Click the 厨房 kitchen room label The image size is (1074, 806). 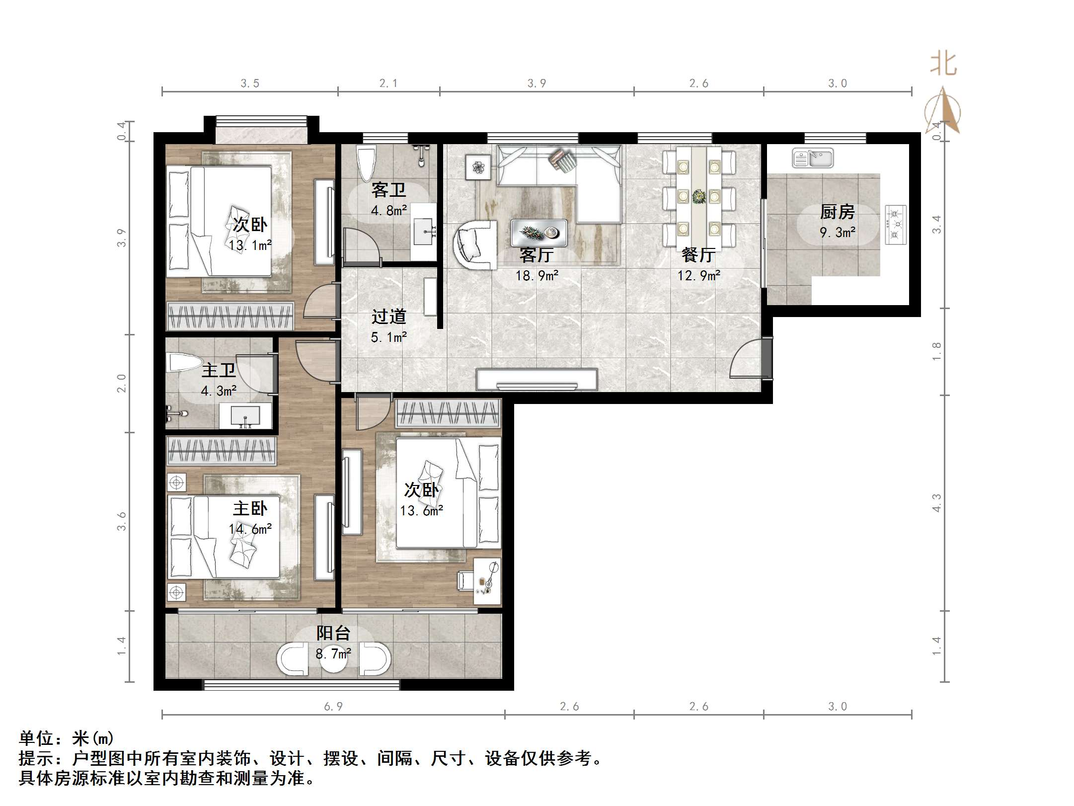click(837, 212)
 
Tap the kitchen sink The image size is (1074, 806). click(813, 158)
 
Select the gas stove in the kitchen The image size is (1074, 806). click(895, 225)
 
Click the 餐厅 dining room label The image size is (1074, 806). click(698, 255)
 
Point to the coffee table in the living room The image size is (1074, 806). click(539, 232)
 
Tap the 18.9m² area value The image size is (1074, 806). click(537, 275)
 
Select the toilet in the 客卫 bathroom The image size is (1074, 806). click(367, 162)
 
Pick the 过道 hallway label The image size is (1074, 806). click(389, 317)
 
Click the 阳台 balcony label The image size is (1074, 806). click(333, 633)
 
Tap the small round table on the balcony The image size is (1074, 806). click(333, 659)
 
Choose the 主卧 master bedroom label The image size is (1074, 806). click(250, 508)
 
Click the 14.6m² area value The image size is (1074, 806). click(250, 529)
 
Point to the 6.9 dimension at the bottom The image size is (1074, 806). click(333, 706)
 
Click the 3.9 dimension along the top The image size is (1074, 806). click(537, 83)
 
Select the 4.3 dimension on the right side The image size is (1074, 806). click(936, 503)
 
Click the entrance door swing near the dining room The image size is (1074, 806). click(746, 359)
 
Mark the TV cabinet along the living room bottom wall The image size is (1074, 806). click(537, 380)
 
